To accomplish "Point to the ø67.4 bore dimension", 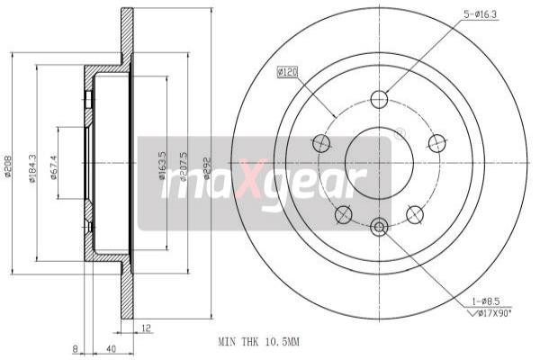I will coord(54,164).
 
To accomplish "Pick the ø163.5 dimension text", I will coord(162,163).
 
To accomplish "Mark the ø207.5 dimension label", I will coord(184,163).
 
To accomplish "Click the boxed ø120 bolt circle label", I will coord(288,71).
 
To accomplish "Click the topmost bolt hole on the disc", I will coord(379,100).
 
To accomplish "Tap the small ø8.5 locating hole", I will coord(379,227).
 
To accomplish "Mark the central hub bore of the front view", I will coord(379,163).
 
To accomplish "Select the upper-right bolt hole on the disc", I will coord(436,142).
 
